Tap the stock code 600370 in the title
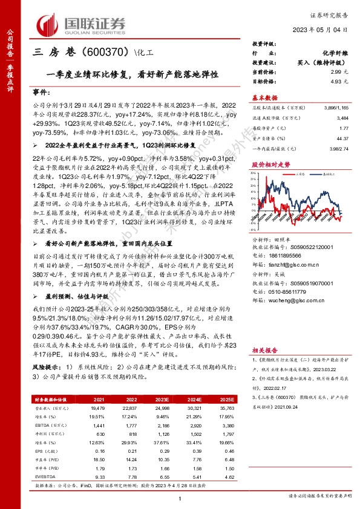[x=100, y=53]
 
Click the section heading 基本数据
[x=264, y=97]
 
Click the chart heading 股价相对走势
[x=267, y=163]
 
